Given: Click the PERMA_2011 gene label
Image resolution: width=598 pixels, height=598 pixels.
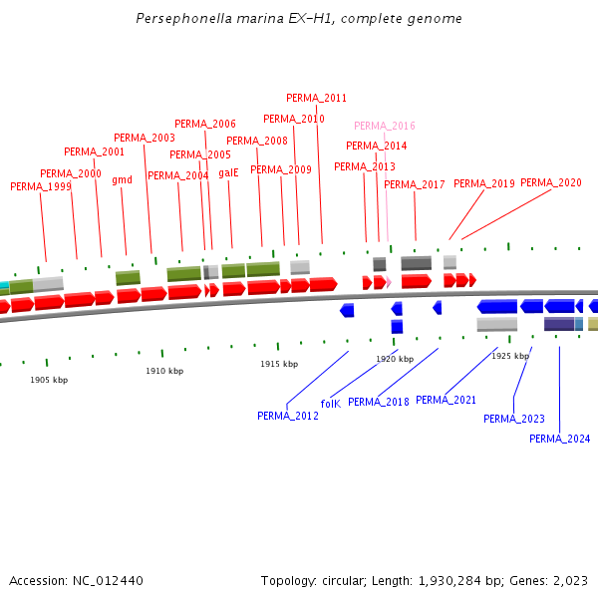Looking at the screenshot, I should pos(317,98).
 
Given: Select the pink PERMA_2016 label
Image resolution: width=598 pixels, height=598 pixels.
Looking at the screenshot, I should pos(385,126).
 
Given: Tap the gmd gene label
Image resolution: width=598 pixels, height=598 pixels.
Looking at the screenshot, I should pos(122,180).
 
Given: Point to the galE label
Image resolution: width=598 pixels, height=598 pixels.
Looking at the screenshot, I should pos(228,172).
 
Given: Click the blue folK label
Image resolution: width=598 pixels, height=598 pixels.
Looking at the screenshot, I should pos(330,404).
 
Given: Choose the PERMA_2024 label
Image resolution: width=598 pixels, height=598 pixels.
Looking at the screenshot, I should pos(559,439).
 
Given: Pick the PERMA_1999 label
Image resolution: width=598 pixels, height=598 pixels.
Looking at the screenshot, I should pos(41,186).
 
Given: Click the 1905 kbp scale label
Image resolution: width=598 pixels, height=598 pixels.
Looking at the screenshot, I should pos(49,380).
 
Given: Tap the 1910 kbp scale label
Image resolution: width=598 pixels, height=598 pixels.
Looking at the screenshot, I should pos(164,371).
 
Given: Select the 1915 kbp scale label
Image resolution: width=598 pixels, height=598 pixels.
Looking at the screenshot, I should pos(279,364).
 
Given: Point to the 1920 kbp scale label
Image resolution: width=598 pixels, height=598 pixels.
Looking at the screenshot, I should pos(395,359).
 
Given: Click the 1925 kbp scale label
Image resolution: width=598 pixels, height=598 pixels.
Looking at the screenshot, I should pos(509,356).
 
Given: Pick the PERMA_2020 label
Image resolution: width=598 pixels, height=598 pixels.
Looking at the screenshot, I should pos(551,182).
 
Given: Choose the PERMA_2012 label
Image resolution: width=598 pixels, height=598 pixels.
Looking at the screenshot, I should pos(288,416).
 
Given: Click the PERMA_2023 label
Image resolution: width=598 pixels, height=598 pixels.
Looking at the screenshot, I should pos(514,419).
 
